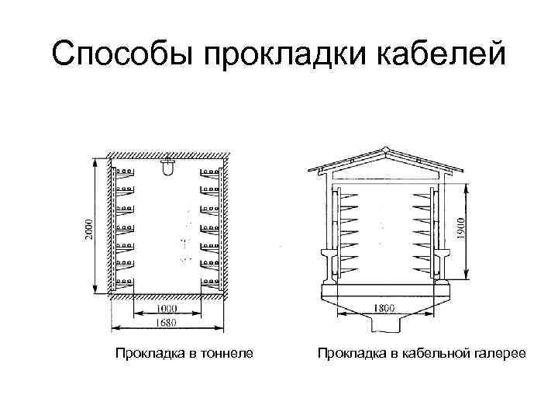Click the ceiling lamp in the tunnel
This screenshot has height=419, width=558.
(x=167, y=166)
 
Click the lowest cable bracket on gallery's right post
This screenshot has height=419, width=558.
(x=422, y=268)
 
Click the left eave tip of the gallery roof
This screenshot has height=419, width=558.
(x=311, y=171)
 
